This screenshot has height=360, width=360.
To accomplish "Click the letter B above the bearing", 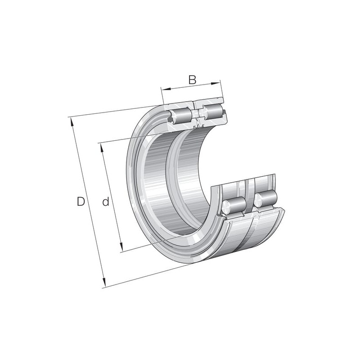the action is (193, 80).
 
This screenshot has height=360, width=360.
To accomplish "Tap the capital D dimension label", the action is (81, 201).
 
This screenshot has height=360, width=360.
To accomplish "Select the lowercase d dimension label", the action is (105, 201).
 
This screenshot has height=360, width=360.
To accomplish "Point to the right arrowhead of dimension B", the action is (216, 84).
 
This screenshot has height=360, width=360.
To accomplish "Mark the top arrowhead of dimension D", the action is (72, 121).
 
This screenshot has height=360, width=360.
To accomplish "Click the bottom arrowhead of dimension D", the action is (104, 283).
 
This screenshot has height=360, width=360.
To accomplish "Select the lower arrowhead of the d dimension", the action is (121, 247).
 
